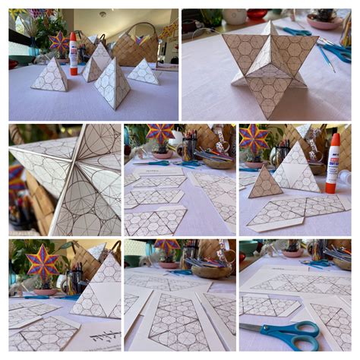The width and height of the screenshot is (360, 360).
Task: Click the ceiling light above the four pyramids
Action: coord(103,14)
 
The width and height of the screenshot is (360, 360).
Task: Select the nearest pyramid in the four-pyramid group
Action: coord(112,84)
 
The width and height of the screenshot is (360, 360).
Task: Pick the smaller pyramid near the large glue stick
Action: coord(265,184)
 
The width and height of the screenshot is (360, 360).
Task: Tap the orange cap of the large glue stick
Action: coord(333,140)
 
